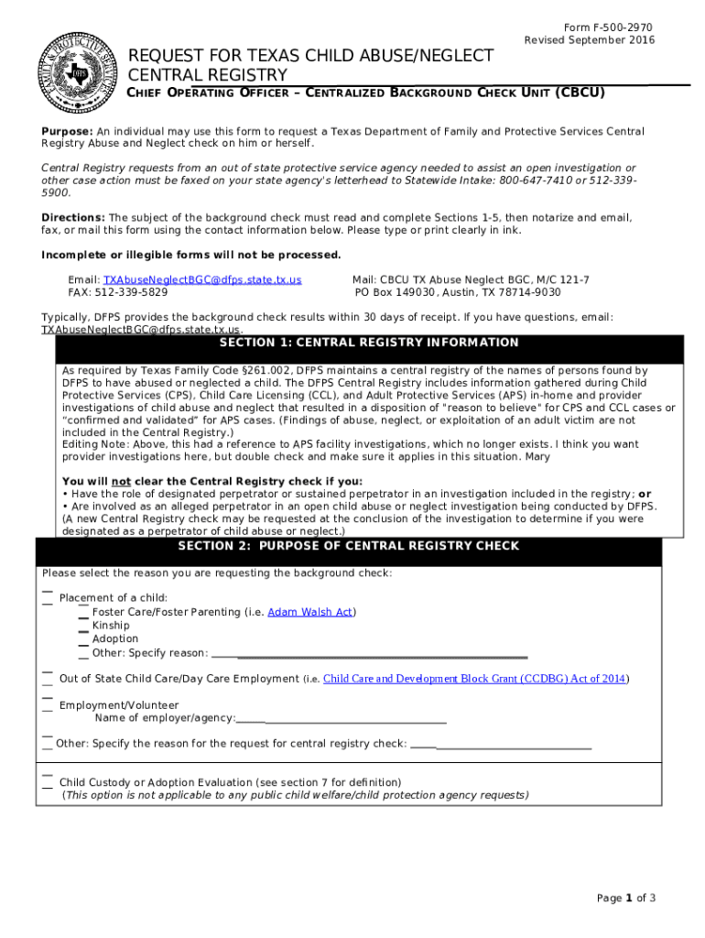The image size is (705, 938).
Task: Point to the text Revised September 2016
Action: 590,40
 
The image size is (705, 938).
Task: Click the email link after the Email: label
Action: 202,279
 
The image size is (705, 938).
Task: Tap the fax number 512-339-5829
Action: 131,292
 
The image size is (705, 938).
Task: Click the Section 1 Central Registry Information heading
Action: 369,343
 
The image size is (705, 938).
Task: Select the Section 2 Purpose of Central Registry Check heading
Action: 348,546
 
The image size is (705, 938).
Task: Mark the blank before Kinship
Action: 83,626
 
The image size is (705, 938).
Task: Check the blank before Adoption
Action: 83,639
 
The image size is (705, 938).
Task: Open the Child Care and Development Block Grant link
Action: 475,679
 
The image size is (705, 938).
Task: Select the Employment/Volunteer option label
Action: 119,705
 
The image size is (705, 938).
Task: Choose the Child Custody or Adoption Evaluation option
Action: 230,782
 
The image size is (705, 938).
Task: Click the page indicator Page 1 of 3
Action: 625,898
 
